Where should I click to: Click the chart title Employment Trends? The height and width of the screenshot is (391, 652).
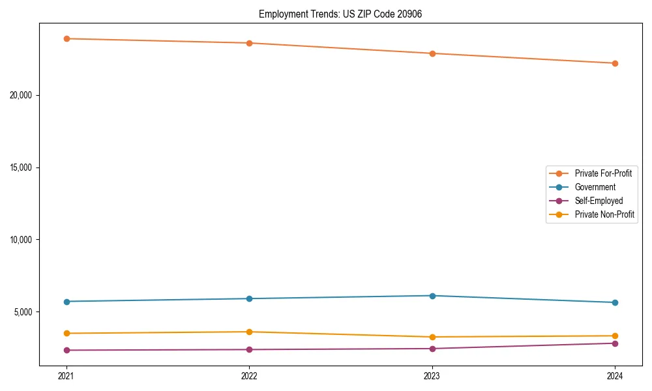340,14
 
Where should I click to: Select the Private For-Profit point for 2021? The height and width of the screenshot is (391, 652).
66,38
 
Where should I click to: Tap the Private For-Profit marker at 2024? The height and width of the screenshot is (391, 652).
615,63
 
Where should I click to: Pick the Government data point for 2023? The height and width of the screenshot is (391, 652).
432,296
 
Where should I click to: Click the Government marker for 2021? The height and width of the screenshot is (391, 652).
66,302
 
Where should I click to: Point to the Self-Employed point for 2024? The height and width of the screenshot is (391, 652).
615,343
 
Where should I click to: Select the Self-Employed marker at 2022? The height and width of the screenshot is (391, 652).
249,349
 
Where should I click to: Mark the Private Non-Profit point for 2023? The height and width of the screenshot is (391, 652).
432,337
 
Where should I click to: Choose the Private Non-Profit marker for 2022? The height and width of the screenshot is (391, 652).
249,332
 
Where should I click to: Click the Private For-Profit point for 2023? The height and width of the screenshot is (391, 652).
432,53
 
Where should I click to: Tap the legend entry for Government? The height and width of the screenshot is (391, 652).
595,187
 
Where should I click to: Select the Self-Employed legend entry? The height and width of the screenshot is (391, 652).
599,201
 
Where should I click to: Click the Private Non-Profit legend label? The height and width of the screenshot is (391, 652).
604,214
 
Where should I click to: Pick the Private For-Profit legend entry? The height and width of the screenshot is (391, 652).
602,173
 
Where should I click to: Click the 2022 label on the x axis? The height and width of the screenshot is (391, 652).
249,376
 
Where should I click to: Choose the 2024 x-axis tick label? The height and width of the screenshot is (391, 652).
615,376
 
